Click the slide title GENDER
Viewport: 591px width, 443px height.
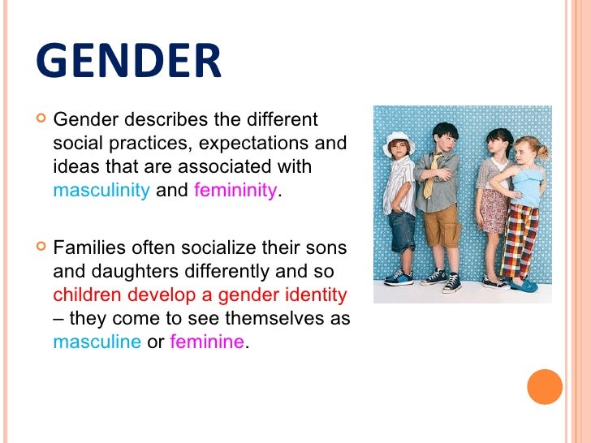pyautogui.click(x=128, y=62)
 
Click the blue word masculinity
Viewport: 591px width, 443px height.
pyautogui.click(x=101, y=191)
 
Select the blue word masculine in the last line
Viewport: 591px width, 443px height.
pyautogui.click(x=97, y=342)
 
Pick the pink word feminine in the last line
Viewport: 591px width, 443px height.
pyautogui.click(x=206, y=342)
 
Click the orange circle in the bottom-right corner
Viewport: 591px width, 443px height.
pyautogui.click(x=545, y=386)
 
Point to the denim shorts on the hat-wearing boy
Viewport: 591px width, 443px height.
pyautogui.click(x=403, y=231)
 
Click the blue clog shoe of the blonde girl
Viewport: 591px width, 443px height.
pyautogui.click(x=524, y=286)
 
